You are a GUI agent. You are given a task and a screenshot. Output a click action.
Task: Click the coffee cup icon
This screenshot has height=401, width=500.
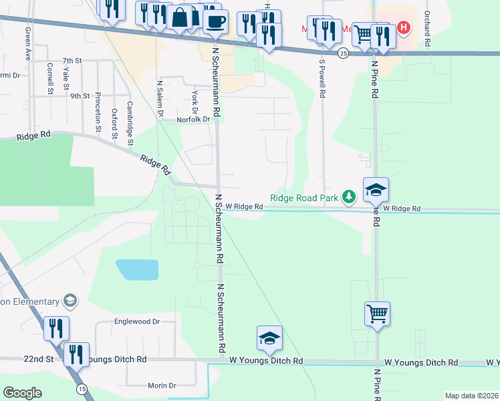(215, 21)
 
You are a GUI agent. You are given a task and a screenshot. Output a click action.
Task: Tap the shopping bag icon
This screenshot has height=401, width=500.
(180, 17)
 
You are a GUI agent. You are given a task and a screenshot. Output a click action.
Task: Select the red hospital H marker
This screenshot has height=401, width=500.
(403, 28)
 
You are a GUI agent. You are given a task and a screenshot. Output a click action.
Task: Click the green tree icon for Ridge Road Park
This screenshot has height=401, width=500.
(348, 197)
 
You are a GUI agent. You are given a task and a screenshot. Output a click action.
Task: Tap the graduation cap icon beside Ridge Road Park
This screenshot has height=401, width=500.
(376, 190)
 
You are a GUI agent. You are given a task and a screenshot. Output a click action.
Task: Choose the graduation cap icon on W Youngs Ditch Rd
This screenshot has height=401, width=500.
(269, 339)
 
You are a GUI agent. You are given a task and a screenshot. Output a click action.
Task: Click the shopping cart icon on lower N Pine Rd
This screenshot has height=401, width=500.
(377, 313)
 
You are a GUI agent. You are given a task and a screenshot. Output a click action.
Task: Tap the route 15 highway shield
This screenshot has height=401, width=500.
(82, 388)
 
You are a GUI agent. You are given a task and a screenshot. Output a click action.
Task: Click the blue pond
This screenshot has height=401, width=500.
(137, 269)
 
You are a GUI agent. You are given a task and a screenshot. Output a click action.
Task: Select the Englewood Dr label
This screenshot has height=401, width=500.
(137, 321)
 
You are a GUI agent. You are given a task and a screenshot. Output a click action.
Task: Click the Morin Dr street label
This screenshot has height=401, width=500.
(161, 386)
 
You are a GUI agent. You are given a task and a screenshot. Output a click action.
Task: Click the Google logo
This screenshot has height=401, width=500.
(23, 393)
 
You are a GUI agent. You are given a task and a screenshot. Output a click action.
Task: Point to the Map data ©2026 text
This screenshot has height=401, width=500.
(471, 396)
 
